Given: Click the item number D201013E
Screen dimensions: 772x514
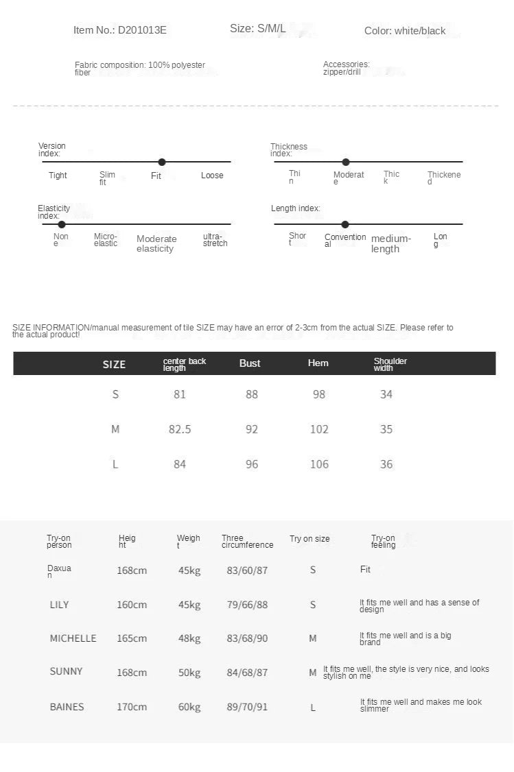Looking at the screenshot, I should (x=120, y=30).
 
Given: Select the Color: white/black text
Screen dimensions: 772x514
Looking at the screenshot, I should (x=405, y=31).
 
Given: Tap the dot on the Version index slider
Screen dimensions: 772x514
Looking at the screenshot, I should (x=162, y=162).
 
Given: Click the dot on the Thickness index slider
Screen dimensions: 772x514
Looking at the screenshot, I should (x=346, y=162).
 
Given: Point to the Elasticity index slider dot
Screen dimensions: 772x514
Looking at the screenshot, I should (x=62, y=224).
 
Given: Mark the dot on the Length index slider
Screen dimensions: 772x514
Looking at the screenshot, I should (x=345, y=224).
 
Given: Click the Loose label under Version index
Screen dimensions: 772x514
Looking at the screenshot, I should (x=212, y=176).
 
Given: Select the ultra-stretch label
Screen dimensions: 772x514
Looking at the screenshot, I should (x=215, y=240).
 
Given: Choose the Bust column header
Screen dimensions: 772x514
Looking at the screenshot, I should (x=250, y=363).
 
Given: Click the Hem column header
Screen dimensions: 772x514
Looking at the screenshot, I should (x=318, y=363).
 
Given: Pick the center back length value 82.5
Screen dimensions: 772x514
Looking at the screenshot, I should (x=180, y=429).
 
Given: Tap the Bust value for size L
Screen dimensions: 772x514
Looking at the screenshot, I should (x=252, y=464).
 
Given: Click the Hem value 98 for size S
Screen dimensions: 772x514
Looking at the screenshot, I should (x=319, y=394).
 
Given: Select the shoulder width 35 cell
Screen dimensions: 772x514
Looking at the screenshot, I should (x=386, y=429).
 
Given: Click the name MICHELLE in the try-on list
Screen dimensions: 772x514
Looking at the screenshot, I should (x=73, y=638).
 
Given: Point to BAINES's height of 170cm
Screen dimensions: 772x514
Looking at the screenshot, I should (x=132, y=707).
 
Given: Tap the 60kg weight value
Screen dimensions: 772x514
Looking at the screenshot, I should (x=189, y=707).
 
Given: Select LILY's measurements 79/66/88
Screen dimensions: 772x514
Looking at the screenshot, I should (x=247, y=605).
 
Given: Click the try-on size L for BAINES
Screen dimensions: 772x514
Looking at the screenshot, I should (x=313, y=708).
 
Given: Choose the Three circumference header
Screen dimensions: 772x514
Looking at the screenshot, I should (x=247, y=542).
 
